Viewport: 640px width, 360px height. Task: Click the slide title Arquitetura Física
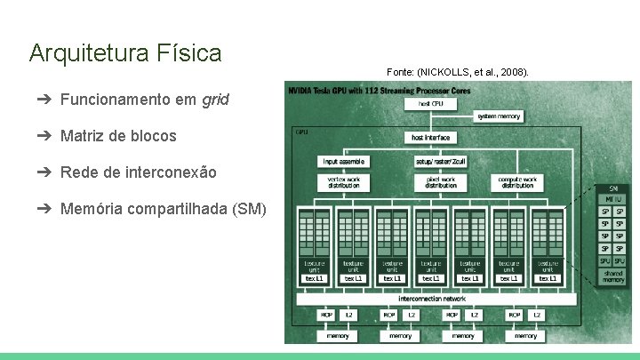124,53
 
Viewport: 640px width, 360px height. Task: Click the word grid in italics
215,100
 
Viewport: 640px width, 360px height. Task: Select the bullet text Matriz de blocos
118,136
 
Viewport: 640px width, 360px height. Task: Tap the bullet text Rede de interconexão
138,172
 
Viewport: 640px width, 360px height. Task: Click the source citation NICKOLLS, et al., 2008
457,70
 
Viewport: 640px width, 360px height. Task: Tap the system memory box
499,116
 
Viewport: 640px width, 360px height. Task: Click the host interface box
430,137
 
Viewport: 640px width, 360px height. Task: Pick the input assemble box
344,162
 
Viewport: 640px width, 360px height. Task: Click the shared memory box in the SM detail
613,276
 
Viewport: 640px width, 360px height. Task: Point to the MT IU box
613,200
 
